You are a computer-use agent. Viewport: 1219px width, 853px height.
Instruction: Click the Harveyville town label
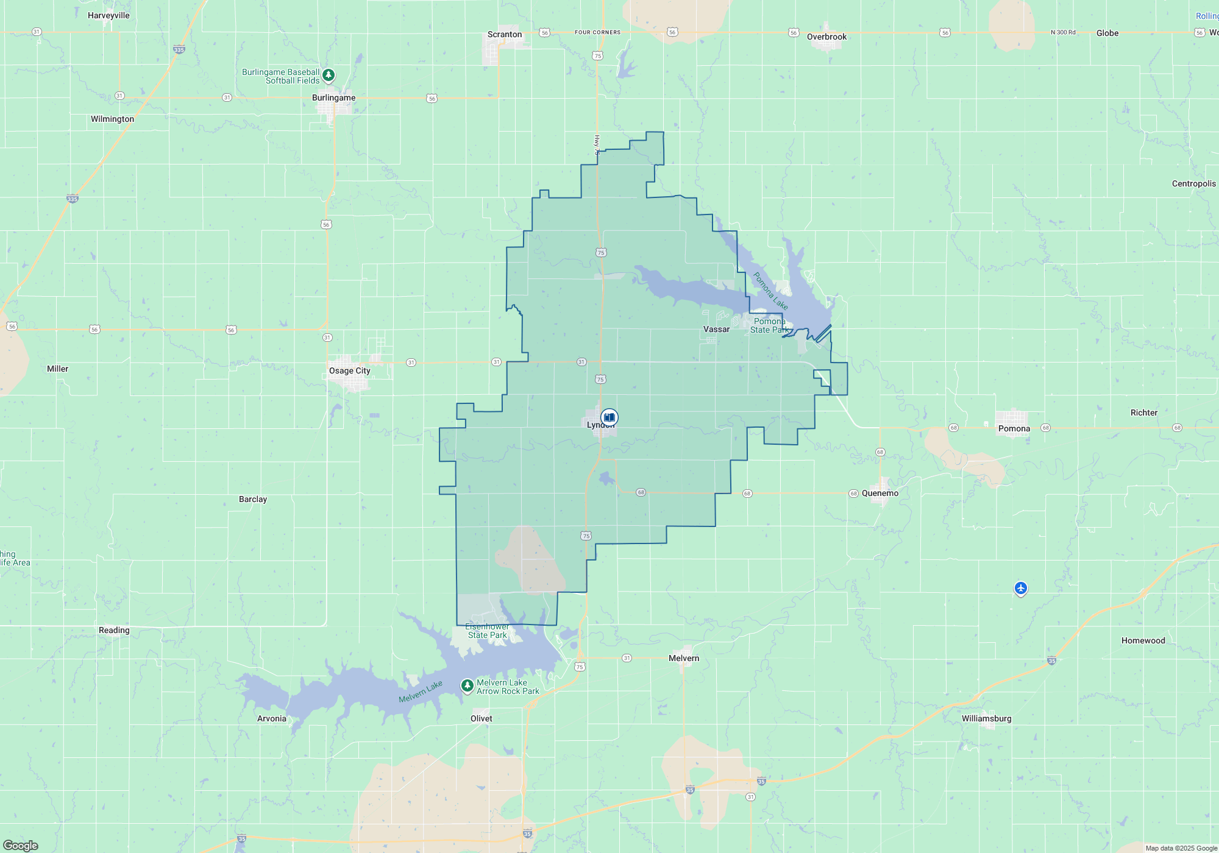(108, 15)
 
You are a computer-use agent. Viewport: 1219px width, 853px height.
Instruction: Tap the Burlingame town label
(333, 97)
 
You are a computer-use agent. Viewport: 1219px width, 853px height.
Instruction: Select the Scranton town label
(505, 34)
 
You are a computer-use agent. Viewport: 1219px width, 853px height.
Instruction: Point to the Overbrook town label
(826, 37)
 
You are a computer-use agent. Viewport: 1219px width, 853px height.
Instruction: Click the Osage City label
(350, 370)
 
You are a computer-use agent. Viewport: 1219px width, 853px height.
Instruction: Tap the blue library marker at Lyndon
(609, 417)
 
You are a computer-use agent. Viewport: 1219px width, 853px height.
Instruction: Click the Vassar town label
(716, 329)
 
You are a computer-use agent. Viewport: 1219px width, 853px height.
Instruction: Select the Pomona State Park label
(769, 325)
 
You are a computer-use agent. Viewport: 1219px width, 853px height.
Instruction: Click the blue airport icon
(1021, 588)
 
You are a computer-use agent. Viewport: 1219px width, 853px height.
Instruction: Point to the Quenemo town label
(880, 493)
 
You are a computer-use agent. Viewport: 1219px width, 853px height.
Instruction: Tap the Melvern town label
(684, 658)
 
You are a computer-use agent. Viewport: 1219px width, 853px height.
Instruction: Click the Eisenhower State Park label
(487, 631)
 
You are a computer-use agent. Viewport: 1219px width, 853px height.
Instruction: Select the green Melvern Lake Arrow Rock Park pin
(467, 686)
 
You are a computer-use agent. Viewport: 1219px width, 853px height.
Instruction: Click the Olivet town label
(482, 718)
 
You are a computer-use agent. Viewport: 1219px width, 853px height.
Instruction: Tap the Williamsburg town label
(986, 718)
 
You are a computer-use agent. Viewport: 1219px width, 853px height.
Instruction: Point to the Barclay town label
(253, 499)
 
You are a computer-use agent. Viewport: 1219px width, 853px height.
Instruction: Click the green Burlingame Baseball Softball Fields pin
(329, 75)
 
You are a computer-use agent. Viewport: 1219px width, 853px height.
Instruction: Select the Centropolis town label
(1193, 183)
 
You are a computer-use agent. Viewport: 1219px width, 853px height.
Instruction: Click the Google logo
(21, 845)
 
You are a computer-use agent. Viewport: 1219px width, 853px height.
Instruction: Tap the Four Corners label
(597, 32)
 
